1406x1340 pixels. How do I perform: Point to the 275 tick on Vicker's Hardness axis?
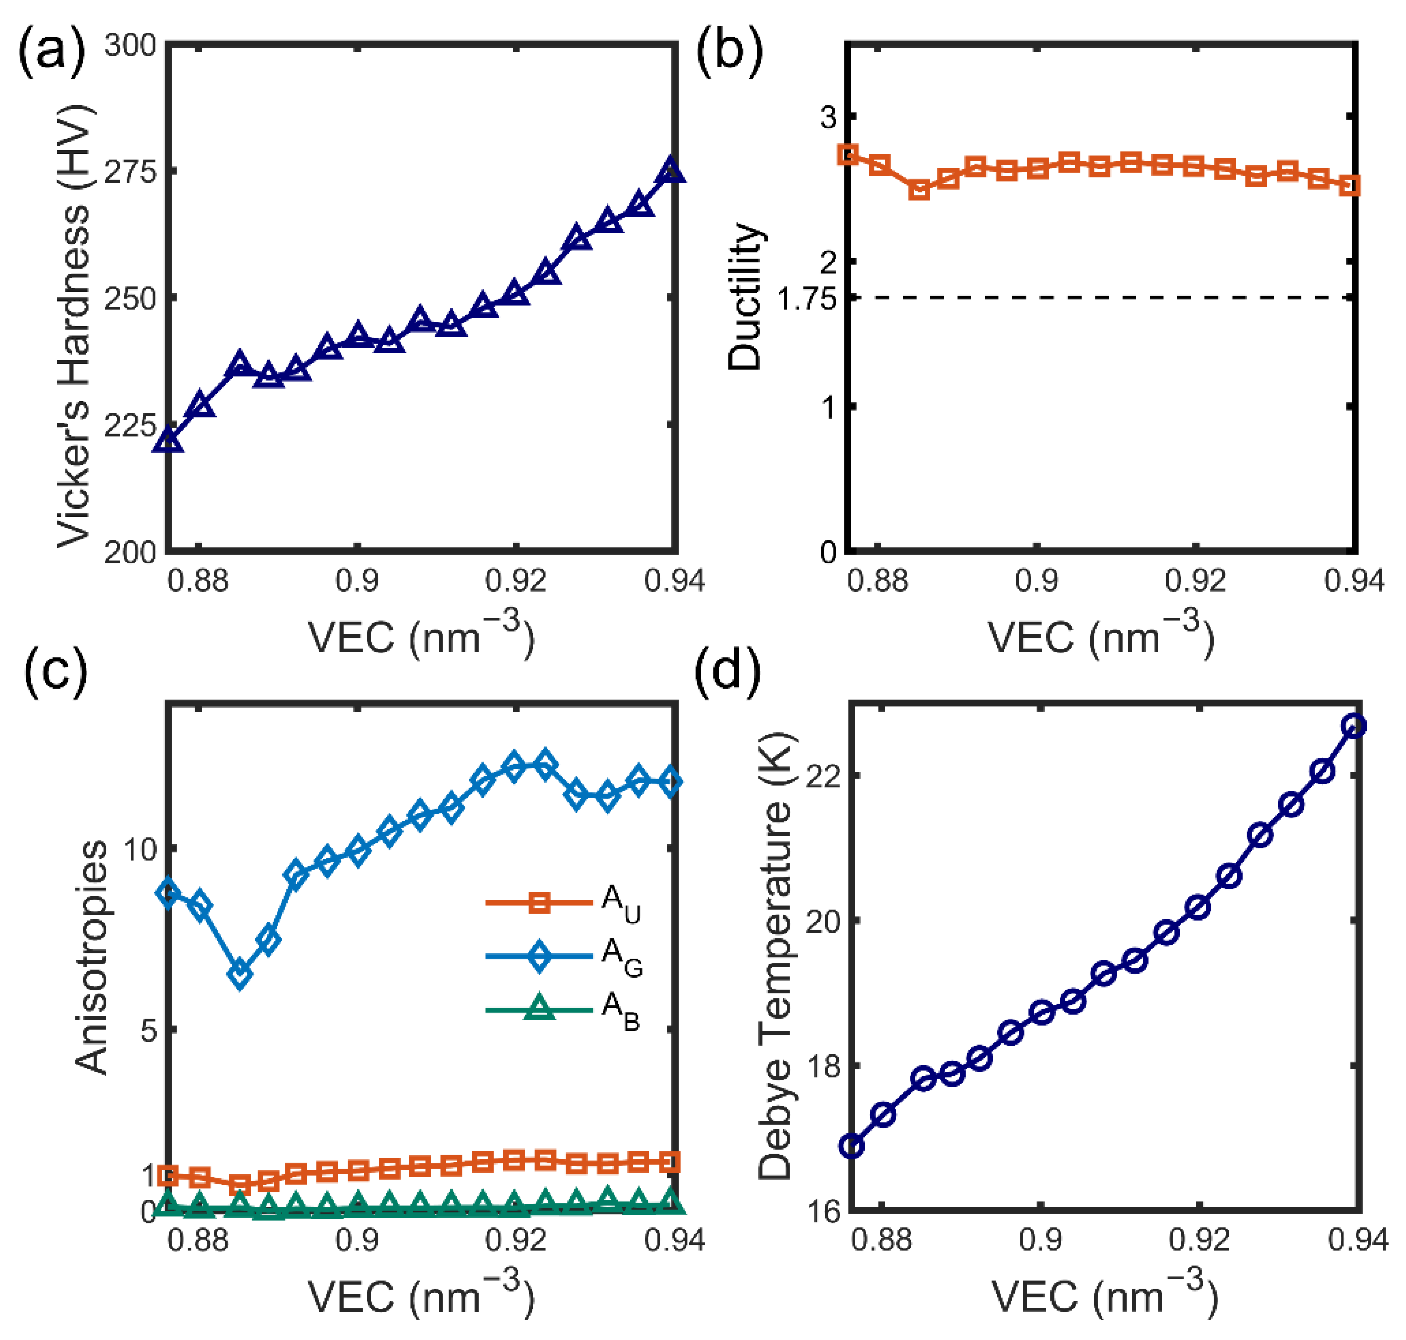tap(130, 172)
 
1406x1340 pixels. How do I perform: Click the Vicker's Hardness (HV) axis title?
tap(75, 325)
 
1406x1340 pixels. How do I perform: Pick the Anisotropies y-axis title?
tap(91, 957)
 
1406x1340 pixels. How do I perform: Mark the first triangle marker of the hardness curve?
tap(169, 441)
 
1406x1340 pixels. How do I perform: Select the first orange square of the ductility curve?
tap(848, 154)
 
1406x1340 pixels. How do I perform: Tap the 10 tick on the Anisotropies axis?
tap(140, 849)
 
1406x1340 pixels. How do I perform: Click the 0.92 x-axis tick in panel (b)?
tap(1195, 581)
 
